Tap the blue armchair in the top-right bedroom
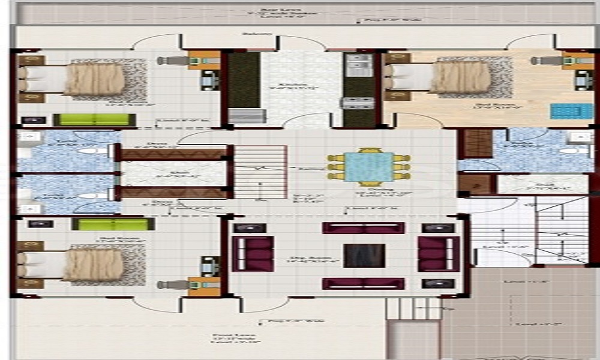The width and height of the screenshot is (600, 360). point(563,112)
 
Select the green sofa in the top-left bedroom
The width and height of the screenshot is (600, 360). point(91,119)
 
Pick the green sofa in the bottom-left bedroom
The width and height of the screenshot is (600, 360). point(113,224)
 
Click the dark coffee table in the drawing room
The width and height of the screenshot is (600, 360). point(364,256)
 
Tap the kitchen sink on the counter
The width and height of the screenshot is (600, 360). point(359,61)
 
